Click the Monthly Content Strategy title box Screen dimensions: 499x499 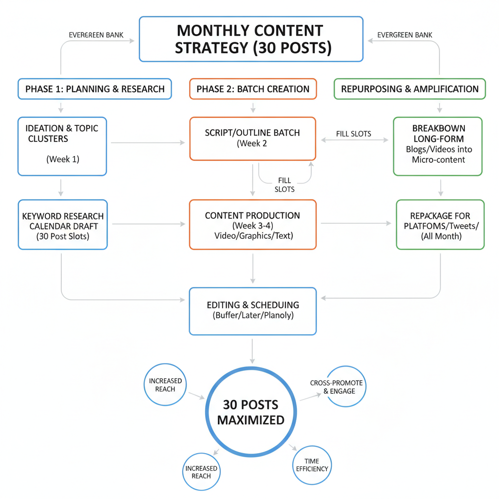pyautogui.click(x=251, y=39)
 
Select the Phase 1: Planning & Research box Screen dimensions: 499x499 pyautogui.click(x=95, y=89)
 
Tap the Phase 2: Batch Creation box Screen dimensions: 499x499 pyautogui.click(x=253, y=89)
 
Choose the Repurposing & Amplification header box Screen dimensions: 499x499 pyautogui.click(x=409, y=89)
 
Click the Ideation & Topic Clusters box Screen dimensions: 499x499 pyautogui.click(x=62, y=146)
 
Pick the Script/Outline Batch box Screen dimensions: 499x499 pyautogui.click(x=253, y=138)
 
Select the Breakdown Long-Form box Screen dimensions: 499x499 pyautogui.click(x=438, y=146)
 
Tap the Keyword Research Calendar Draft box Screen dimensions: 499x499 pyautogui.click(x=62, y=225)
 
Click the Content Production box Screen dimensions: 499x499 pyautogui.click(x=253, y=225)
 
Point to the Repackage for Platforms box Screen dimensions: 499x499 pyautogui.click(x=440, y=225)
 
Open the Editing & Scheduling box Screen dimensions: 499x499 pyautogui.click(x=253, y=311)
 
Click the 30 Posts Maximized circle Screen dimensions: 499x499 pyautogui.click(x=250, y=412)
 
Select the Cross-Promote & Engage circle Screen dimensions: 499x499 pyautogui.click(x=345, y=387)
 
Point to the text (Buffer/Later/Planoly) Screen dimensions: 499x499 pyautogui.click(x=253, y=316)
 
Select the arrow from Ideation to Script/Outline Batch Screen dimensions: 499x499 pyautogui.click(x=148, y=143)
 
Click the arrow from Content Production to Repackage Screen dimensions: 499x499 pyautogui.click(x=356, y=224)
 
